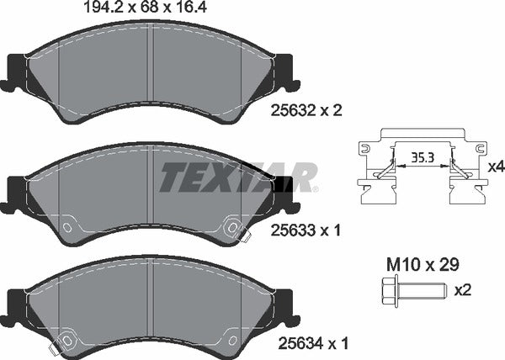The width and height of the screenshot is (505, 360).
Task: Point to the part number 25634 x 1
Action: [311, 343]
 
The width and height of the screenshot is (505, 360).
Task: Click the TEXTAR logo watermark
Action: [238, 177]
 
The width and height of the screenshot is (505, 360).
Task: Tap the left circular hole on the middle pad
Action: [66, 226]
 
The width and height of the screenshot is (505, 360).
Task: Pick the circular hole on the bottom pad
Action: [66, 340]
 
